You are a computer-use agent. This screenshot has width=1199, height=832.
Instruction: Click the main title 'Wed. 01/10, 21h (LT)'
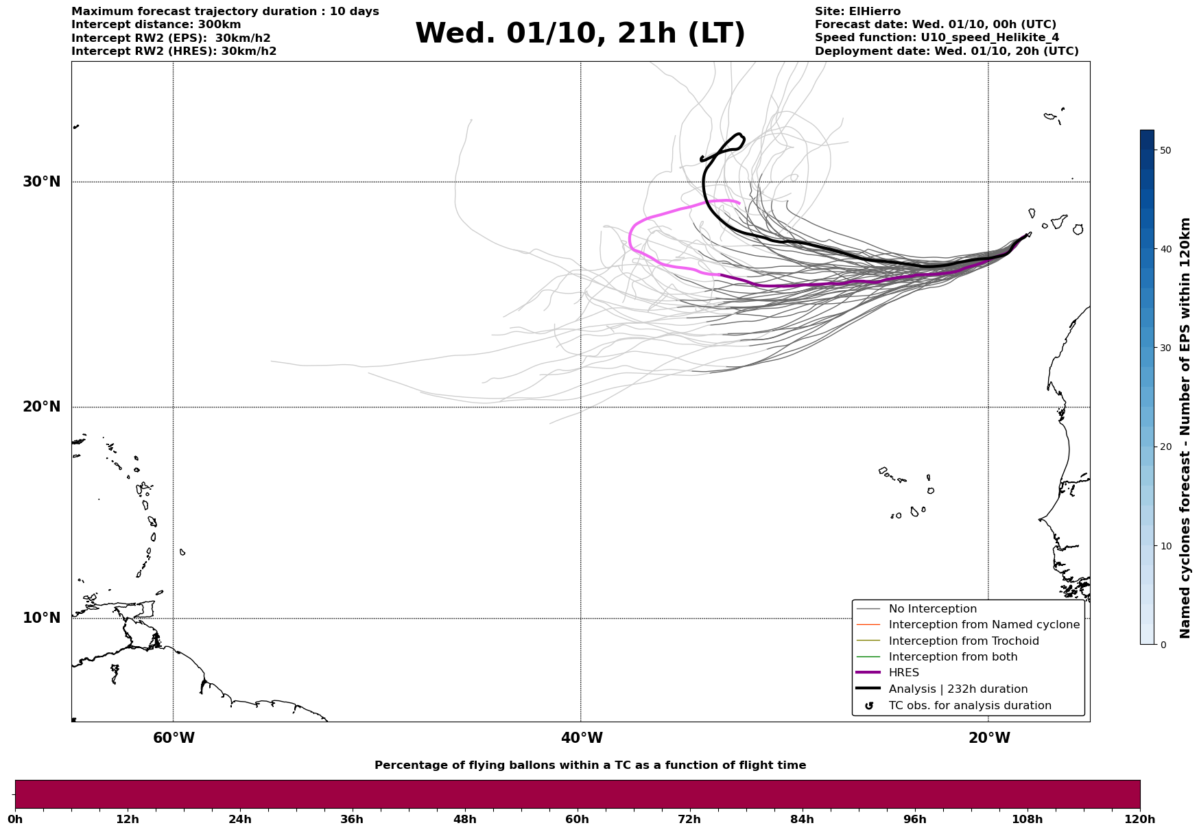[580, 34]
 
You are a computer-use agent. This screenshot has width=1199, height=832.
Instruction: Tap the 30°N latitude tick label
[41, 182]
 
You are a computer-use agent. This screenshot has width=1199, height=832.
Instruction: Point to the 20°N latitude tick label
[41, 407]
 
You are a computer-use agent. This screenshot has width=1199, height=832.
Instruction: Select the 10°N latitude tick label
[41, 618]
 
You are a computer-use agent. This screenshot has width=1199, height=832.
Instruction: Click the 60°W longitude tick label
[174, 738]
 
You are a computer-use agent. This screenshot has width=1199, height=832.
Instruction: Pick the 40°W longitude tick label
[582, 738]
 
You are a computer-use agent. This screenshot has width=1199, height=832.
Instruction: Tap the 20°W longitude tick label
[989, 738]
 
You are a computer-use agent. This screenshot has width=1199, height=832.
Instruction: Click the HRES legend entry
[903, 673]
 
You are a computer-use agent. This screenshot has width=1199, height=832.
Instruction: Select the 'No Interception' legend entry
[932, 609]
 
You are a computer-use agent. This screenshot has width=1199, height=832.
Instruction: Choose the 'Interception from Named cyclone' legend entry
[984, 625]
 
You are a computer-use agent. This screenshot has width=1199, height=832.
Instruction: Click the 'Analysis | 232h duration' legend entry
[958, 689]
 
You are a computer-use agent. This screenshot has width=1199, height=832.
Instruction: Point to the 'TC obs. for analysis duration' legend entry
[969, 706]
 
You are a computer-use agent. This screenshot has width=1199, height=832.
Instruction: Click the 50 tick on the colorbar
[1165, 150]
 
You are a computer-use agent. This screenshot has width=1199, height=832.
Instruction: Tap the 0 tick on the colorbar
[1163, 645]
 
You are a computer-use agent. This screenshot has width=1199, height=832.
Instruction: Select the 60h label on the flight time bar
[577, 820]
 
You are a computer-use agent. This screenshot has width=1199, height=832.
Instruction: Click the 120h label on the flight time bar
[1139, 820]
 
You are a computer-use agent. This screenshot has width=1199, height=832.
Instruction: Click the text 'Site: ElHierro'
[857, 12]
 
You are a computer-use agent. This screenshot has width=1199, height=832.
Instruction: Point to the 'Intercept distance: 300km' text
[156, 25]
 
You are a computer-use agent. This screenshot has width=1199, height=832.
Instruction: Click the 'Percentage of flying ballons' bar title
[590, 765]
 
